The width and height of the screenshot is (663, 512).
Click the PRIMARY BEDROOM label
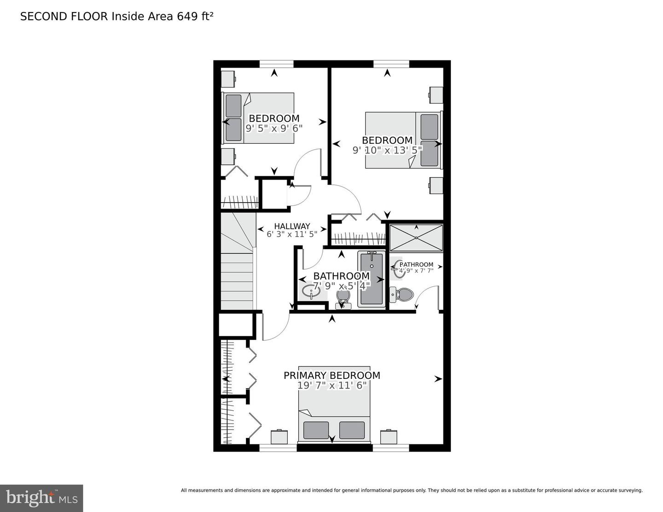point(331,375)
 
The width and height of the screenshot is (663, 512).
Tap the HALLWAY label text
point(292,226)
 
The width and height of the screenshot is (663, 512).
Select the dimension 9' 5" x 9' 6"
point(274,128)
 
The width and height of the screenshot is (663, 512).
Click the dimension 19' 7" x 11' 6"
point(331,385)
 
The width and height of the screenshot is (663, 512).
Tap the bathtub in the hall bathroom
point(371,279)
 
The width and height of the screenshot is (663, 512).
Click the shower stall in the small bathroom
point(416,238)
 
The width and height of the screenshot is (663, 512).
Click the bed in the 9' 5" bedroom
point(258,118)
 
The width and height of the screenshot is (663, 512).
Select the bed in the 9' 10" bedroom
point(403,140)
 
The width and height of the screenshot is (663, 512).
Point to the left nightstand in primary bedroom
point(279,436)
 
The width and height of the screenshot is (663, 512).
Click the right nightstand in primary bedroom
point(389,436)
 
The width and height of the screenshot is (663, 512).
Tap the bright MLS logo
point(41,498)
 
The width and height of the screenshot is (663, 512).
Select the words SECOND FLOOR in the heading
point(64,17)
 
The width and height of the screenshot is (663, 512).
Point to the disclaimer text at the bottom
point(412,490)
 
